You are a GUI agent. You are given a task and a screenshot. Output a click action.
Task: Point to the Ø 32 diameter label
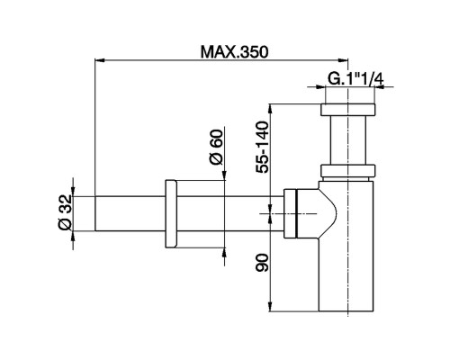(x=65, y=213)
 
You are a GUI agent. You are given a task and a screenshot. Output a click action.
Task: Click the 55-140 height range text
(x=263, y=146)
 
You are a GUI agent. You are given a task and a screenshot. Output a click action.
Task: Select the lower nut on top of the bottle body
(x=346, y=172)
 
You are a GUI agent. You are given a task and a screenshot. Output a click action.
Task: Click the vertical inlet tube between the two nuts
(x=346, y=142)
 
